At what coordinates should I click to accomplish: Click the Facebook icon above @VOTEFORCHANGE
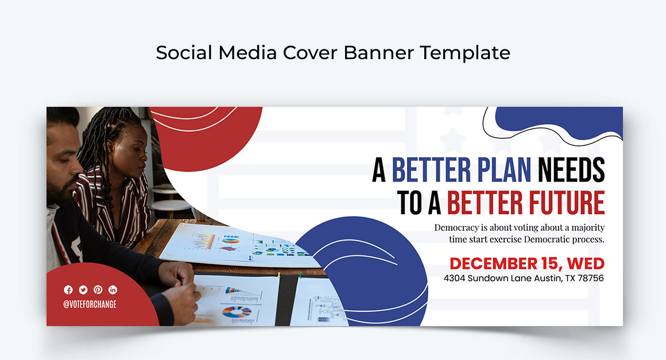(68, 290)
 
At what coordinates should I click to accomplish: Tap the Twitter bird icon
(83, 290)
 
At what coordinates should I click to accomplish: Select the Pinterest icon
(98, 290)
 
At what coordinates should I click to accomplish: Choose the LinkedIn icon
(113, 290)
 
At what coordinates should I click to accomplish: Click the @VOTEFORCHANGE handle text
(90, 305)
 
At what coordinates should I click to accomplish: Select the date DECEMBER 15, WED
(526, 264)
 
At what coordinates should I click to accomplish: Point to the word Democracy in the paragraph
(457, 228)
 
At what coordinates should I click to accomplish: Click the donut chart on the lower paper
(237, 312)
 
